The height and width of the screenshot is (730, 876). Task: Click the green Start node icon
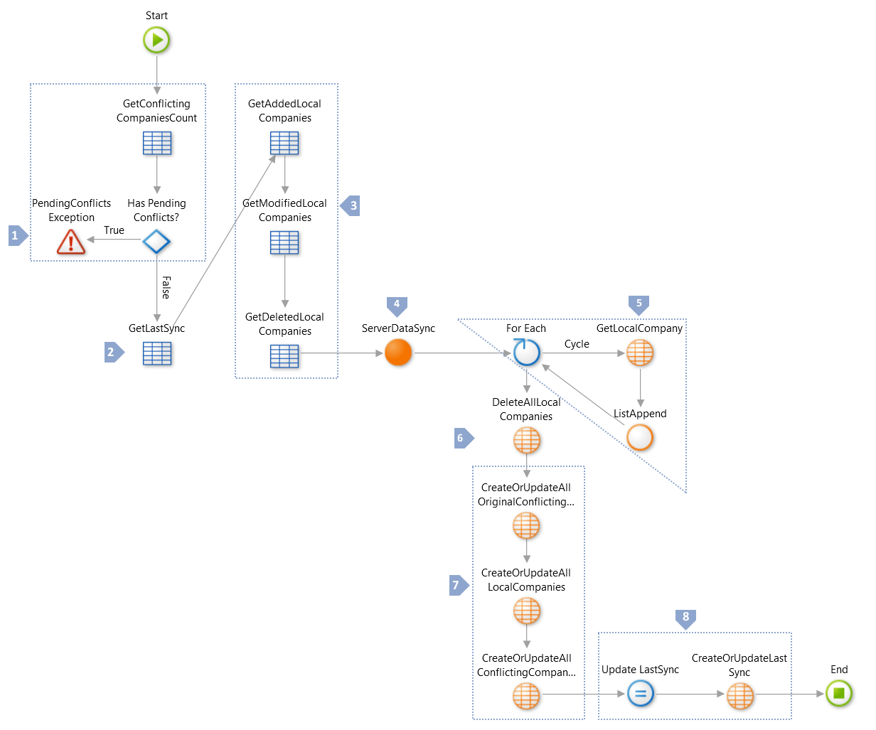[156, 40]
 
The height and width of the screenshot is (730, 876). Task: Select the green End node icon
[839, 693]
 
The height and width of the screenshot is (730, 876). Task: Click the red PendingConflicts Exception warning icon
[71, 242]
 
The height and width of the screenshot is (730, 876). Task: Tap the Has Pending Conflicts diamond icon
[156, 242]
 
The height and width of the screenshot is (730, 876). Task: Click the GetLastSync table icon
[157, 353]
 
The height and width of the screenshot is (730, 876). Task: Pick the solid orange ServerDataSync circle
[398, 353]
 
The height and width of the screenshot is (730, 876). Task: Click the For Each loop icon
[526, 353]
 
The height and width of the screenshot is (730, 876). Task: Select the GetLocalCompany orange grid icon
[640, 353]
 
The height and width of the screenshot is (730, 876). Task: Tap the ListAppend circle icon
[640, 438]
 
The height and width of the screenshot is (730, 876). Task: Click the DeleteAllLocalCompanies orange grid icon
[526, 441]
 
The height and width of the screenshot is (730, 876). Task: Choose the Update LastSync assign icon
[640, 693]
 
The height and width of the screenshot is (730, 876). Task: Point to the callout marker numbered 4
[397, 305]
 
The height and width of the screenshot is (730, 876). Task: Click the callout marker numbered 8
[685, 618]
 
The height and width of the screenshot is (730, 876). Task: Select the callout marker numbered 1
[16, 235]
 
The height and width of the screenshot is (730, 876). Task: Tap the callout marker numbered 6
[462, 439]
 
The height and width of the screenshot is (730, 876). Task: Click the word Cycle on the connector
[577, 344]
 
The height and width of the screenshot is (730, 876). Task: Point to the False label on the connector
[166, 288]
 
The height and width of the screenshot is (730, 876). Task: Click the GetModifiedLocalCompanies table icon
[284, 243]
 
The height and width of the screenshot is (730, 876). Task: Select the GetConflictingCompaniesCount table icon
[157, 144]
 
